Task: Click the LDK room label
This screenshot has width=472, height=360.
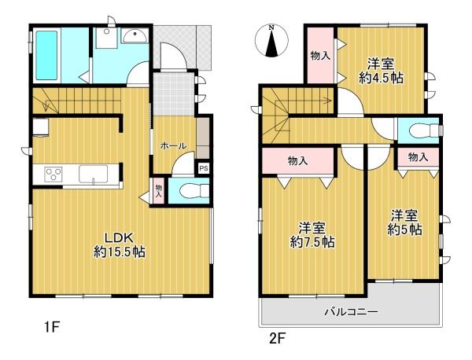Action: coord(120,238)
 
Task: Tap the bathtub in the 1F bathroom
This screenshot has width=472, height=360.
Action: coord(46,56)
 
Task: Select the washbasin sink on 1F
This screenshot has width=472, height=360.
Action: coord(135,36)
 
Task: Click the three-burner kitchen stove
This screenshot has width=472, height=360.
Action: coord(53,174)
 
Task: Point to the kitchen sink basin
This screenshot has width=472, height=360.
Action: coord(94,174)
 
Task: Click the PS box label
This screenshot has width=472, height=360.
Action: coord(204,168)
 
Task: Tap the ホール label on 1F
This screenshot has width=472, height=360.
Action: coord(173,146)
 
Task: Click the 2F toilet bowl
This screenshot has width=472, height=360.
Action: coord(425,130)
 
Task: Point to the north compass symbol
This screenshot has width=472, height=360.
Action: coord(271,41)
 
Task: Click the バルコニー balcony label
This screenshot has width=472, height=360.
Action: coord(351,312)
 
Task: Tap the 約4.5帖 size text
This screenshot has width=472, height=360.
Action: coord(381,78)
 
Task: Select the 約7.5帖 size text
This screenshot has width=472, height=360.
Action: coord(312,242)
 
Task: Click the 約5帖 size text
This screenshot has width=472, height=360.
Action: coord(404,230)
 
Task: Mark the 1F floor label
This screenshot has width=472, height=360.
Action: coord(52,327)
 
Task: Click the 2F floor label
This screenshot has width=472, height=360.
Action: coord(277,339)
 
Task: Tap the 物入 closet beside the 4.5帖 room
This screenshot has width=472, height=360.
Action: coord(321,55)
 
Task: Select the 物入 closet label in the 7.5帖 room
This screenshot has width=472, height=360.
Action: coord(297,161)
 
